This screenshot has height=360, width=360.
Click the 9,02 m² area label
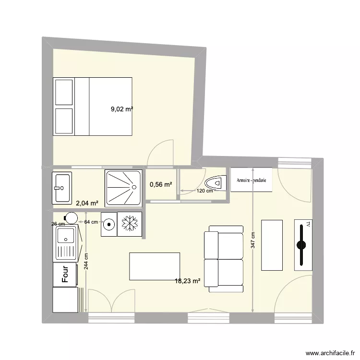pyautogui.click(x=122, y=109)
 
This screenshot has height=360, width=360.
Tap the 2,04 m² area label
pyautogui.click(x=87, y=204)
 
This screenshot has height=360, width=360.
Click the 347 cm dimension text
pyautogui.click(x=252, y=244)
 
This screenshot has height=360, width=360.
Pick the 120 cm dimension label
pyautogui.click(x=205, y=191)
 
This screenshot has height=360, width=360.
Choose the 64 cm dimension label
pyautogui.click(x=91, y=222)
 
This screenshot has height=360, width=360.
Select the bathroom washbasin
pyautogui.click(x=62, y=187)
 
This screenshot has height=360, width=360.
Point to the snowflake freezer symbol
pyautogui.click(x=129, y=224)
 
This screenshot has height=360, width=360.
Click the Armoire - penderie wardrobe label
pyautogui.click(x=251, y=180)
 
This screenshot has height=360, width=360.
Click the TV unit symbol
pyautogui.click(x=302, y=245)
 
